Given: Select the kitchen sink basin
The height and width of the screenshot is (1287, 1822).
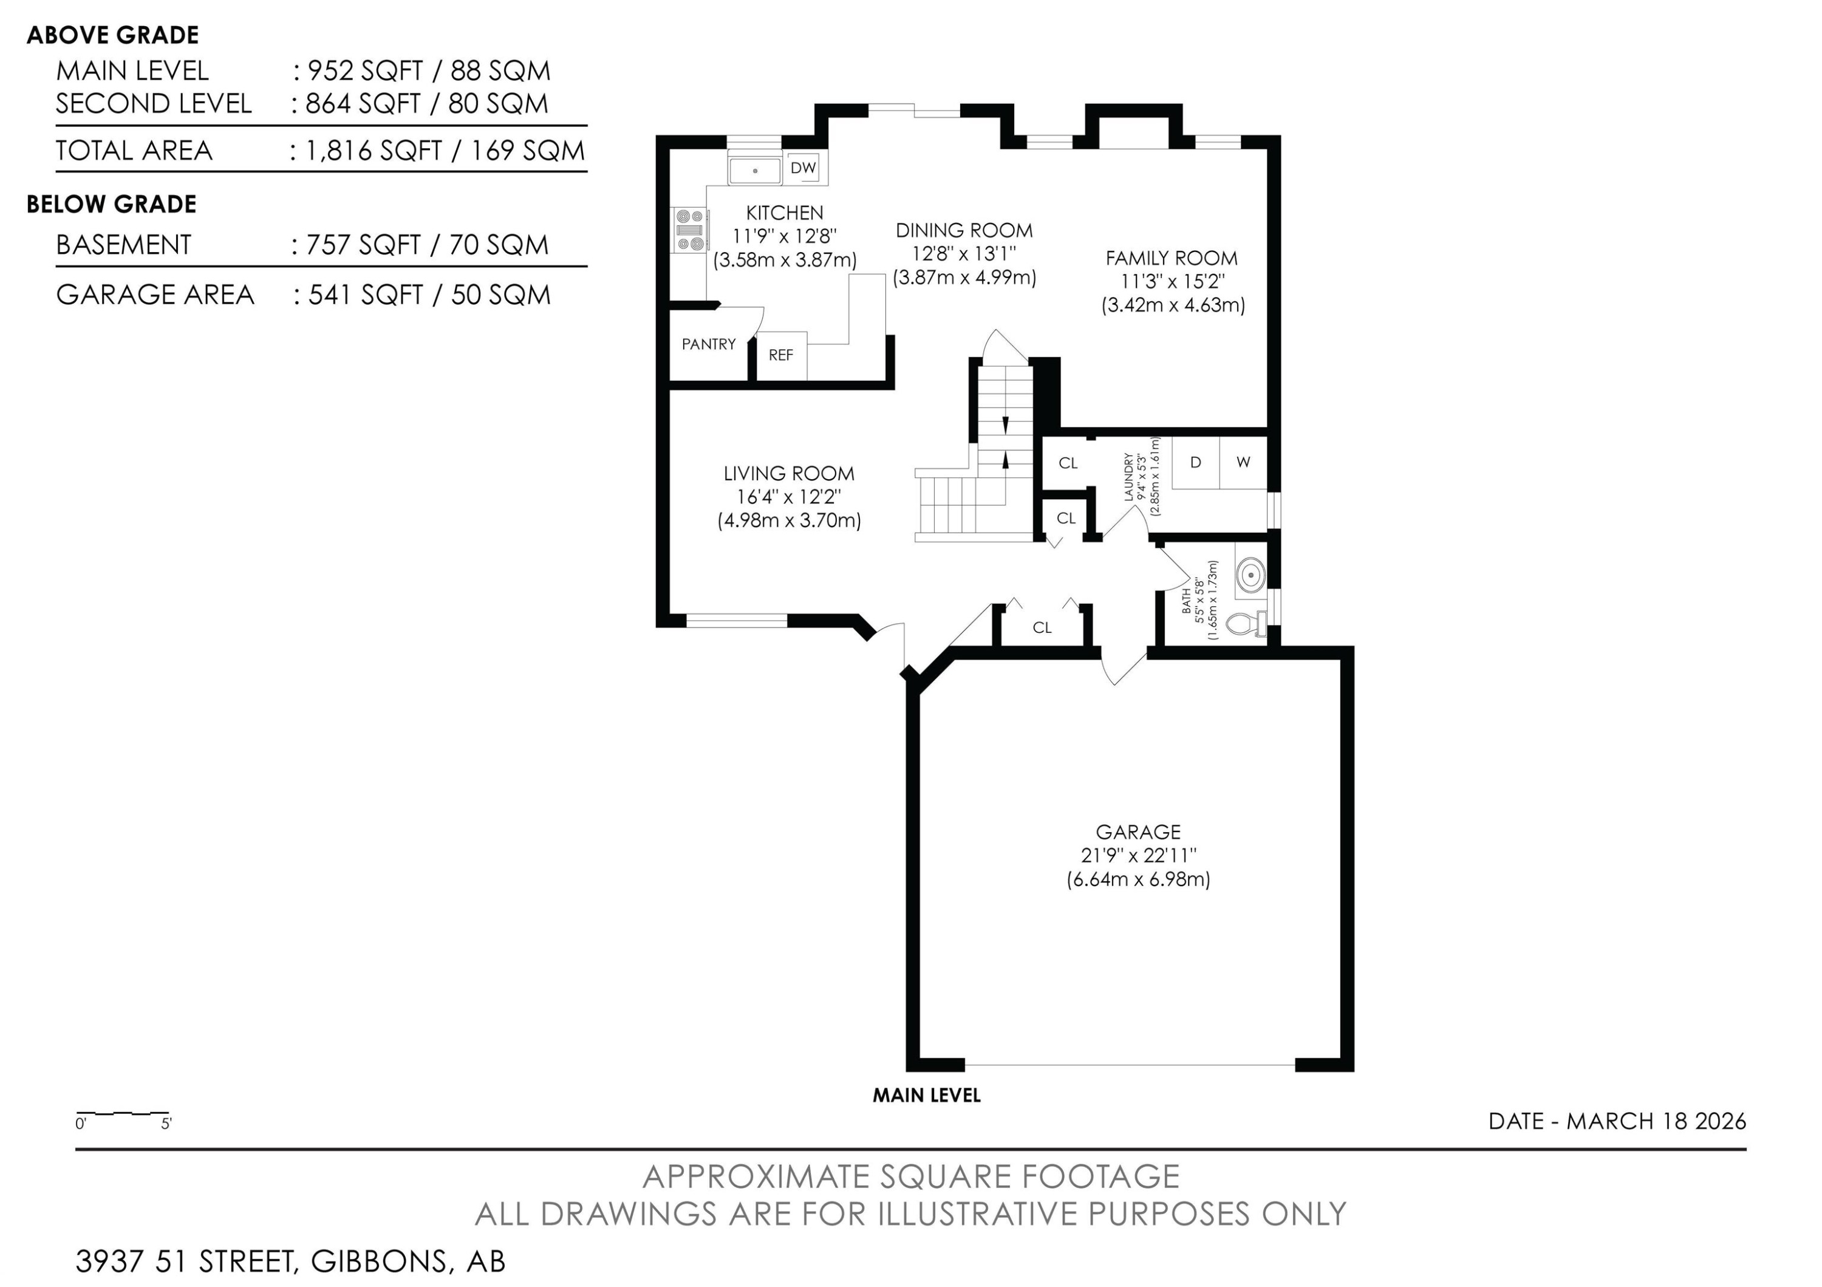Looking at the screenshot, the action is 755,170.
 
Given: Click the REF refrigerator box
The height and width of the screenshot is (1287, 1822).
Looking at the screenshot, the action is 782,355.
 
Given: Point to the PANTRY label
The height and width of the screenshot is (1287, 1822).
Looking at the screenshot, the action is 709,344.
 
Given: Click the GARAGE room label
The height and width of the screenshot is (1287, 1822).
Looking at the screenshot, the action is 1138,832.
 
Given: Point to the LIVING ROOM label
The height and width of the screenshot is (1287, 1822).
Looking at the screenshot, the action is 789,474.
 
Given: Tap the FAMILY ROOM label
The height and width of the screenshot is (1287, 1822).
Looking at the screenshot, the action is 1172,258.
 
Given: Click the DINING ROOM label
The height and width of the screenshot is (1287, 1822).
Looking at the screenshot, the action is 964,230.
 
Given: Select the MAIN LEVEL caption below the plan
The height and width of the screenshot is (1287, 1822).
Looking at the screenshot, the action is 927,1096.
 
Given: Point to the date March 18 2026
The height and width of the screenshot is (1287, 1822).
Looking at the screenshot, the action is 1617,1121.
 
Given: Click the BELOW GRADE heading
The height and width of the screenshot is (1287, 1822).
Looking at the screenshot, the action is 111,204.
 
